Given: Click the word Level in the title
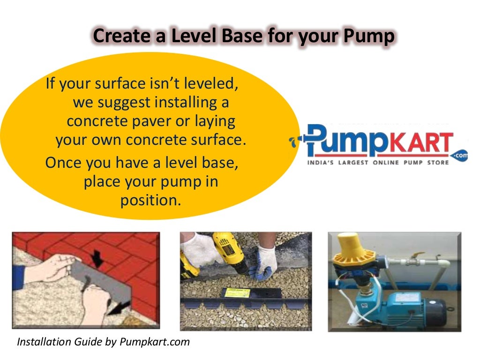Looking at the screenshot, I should (185, 36).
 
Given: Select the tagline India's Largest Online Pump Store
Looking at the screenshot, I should (378, 163).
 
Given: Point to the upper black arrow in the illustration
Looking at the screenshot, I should (98, 257).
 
